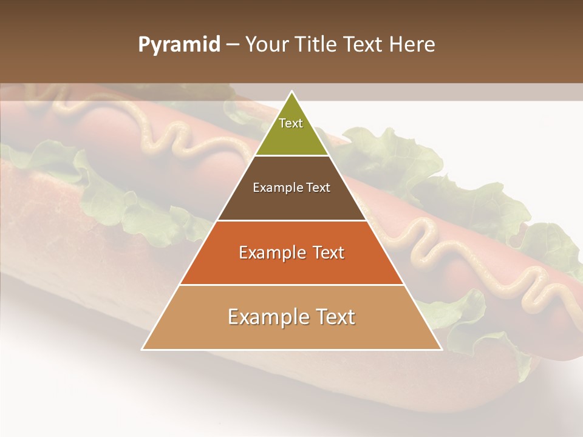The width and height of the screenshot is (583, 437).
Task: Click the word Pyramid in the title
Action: pos(179,44)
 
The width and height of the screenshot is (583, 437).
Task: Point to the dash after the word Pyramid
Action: pos(233,45)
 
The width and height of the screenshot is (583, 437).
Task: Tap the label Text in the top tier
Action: pos(291,123)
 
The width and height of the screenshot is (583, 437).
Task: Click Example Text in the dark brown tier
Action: pos(291,188)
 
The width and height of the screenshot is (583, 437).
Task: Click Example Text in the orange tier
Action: pos(291,252)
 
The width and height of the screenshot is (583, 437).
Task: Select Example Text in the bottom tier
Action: pos(291,317)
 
